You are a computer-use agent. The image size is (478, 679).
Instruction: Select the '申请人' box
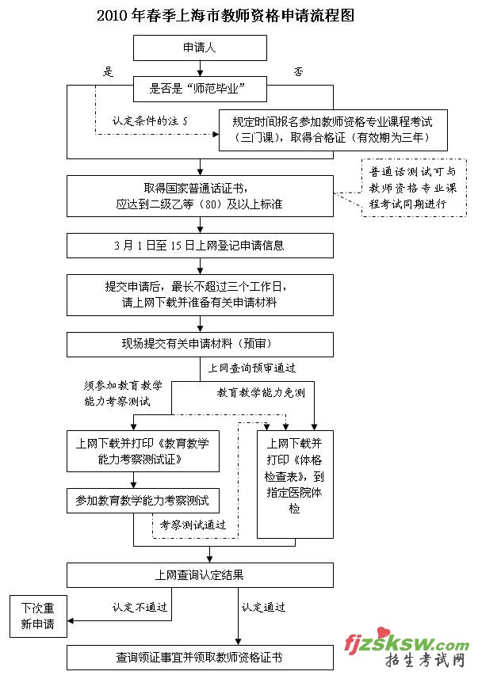(x=199, y=48)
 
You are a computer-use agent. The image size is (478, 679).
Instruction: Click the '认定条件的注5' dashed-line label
(x=150, y=122)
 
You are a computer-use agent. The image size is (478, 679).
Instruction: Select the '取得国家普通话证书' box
(x=199, y=195)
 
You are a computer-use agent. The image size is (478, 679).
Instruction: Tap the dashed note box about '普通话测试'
(x=413, y=188)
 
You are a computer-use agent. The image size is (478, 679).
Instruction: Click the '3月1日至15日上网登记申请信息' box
(x=199, y=245)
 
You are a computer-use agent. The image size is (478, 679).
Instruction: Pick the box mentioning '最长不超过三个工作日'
(x=199, y=294)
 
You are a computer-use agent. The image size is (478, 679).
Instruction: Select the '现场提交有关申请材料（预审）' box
(x=199, y=344)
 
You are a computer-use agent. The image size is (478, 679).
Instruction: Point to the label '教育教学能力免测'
(x=261, y=392)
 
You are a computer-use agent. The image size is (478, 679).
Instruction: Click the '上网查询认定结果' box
(x=199, y=574)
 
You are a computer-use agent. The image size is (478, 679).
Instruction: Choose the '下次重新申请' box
(x=38, y=615)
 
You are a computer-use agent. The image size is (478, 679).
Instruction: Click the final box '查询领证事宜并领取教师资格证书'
(x=199, y=657)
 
